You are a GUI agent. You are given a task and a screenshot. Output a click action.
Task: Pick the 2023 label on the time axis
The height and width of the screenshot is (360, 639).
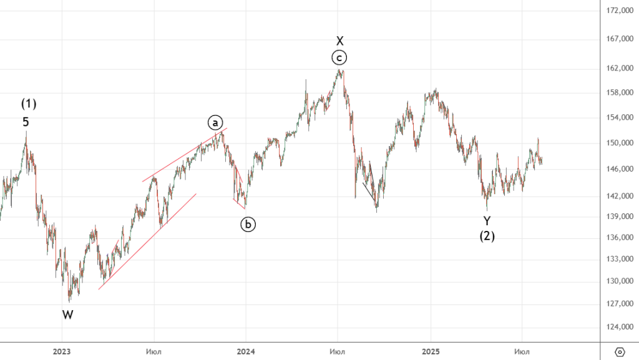(x=61, y=352)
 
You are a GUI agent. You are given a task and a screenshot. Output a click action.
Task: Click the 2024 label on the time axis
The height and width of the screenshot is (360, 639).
(x=246, y=352)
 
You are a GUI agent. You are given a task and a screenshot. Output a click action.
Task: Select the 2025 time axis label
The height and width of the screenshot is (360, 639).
(x=430, y=352)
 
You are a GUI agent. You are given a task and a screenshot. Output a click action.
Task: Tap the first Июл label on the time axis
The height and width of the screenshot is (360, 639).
(x=153, y=352)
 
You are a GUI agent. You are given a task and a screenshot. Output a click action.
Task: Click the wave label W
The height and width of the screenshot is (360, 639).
(x=67, y=315)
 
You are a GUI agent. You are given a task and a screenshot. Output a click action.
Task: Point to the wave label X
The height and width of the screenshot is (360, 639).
(x=339, y=41)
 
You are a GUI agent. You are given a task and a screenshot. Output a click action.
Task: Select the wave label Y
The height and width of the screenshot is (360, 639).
(x=487, y=220)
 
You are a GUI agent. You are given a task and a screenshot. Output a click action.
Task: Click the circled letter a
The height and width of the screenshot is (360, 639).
(x=215, y=122)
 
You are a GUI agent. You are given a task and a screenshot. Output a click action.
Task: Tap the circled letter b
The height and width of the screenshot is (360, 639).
(x=248, y=224)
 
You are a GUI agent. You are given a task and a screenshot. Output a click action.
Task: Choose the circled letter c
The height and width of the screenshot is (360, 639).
(x=339, y=58)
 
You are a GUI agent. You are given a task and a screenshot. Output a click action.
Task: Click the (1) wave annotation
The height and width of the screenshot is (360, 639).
(x=29, y=104)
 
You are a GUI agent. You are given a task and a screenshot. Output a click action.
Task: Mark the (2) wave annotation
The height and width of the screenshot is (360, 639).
(x=487, y=236)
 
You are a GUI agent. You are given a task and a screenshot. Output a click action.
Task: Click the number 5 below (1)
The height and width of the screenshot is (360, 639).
(x=26, y=122)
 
